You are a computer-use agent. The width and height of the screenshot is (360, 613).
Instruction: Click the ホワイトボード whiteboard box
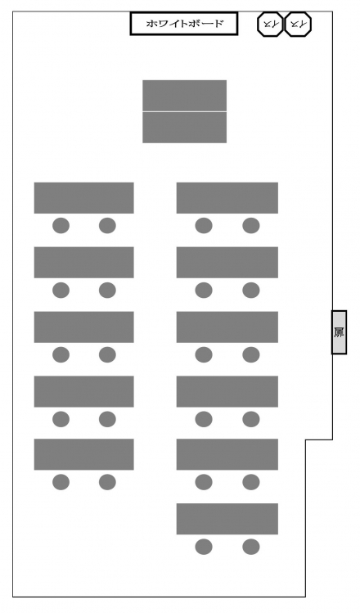pos(184,24)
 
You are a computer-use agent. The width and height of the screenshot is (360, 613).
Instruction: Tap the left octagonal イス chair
pos(270,25)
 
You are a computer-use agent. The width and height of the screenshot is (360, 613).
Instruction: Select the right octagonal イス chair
pos(298,25)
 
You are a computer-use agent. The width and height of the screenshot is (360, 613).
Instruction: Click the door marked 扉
pos(340,332)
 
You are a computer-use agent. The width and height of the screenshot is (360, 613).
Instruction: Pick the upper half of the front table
pos(184,96)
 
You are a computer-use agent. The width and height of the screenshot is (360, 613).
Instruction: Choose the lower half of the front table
pos(184,128)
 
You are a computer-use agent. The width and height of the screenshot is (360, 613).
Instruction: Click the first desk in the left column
pos(84,198)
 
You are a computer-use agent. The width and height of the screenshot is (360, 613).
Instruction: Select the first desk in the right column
pos(227,198)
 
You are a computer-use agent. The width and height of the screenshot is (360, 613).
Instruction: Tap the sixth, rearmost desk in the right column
pos(227,519)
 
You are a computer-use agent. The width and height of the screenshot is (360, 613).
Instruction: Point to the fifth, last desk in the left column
pos(84,454)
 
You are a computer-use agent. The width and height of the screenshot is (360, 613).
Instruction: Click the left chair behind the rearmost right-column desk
pos(204,547)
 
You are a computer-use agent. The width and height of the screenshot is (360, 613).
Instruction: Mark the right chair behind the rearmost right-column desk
pos(251,547)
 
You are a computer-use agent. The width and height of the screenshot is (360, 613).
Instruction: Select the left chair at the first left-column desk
pos(61,226)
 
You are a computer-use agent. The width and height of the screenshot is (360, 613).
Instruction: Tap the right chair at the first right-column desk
pos(251,226)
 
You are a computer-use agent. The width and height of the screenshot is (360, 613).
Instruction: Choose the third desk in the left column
pos(84,327)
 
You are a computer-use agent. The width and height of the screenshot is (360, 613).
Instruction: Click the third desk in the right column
pos(227,327)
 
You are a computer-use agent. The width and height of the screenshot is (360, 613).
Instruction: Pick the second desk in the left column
pos(84,263)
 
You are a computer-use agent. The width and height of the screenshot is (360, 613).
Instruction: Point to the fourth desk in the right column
pos(227,392)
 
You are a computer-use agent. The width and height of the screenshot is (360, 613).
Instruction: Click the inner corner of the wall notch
pos(306,440)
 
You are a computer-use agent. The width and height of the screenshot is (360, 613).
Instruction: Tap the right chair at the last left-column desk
pos(107,482)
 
